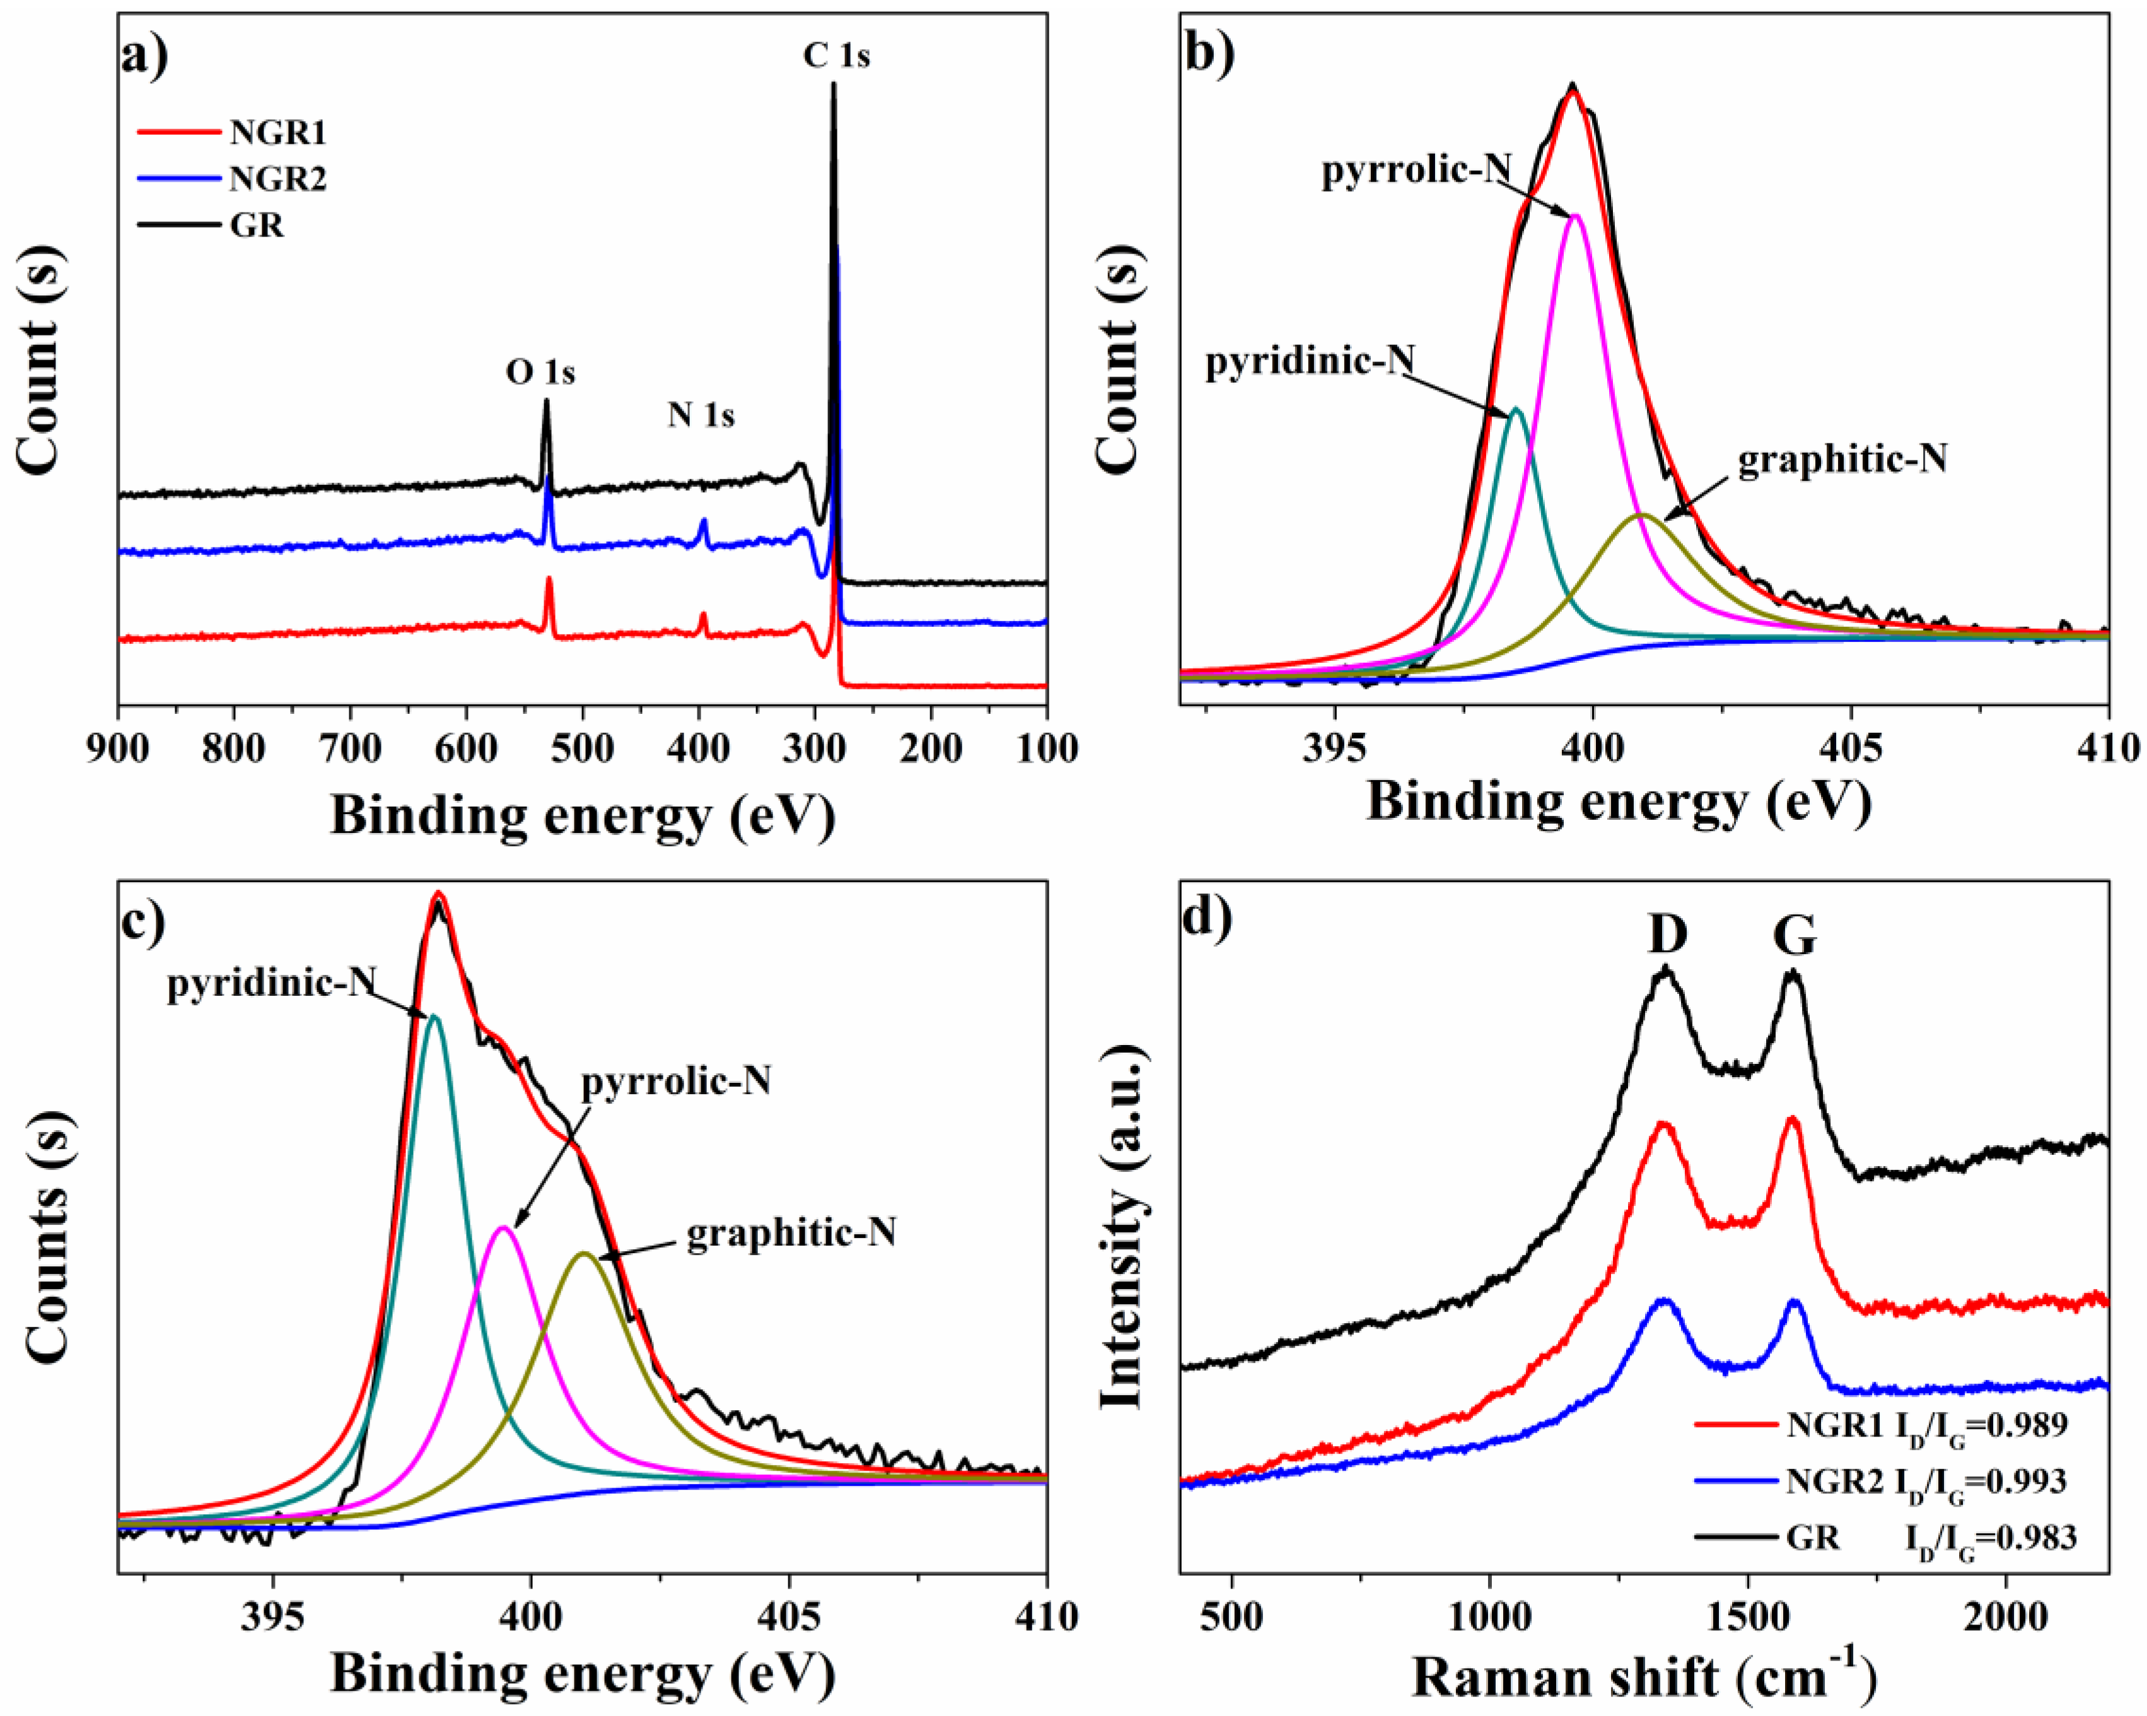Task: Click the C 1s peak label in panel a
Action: pyautogui.click(x=837, y=55)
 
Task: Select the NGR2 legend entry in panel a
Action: pyautogui.click(x=277, y=179)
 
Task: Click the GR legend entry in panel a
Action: pyautogui.click(x=257, y=225)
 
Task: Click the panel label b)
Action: pyautogui.click(x=1209, y=55)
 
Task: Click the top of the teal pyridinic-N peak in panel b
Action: pyautogui.click(x=1516, y=409)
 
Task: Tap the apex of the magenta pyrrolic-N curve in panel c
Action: pyautogui.click(x=504, y=1228)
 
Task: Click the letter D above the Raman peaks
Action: pyautogui.click(x=1667, y=935)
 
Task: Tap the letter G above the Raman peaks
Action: pyautogui.click(x=1795, y=935)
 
